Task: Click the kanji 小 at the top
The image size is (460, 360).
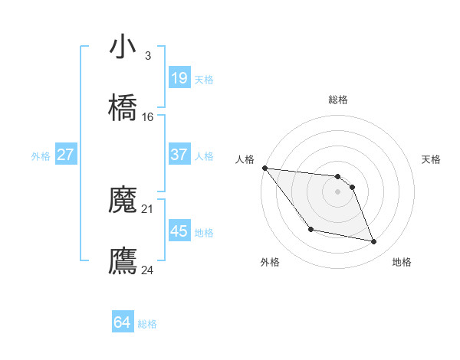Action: [x=123, y=47]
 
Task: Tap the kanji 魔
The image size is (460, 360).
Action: [x=123, y=201]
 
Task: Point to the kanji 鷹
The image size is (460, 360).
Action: [x=123, y=260]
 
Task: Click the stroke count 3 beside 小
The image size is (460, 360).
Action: [x=147, y=56]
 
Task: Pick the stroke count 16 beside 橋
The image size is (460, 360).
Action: [x=148, y=117]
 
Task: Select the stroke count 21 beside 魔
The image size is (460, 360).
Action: [x=148, y=208]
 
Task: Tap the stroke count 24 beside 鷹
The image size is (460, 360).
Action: [x=148, y=270]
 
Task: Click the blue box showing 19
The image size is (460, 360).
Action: [x=179, y=78]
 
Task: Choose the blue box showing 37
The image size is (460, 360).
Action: [x=179, y=155]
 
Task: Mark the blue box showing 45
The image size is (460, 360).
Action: [x=179, y=231]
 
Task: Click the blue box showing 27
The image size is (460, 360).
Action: [x=65, y=155]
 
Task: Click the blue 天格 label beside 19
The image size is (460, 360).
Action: [x=204, y=79]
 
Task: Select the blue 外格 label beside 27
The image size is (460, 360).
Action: [x=41, y=155]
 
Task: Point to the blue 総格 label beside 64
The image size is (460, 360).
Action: [x=147, y=324]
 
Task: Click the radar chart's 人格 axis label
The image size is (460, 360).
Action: [x=245, y=159]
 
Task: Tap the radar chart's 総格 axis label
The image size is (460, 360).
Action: [x=338, y=100]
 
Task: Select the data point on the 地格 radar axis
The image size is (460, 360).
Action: [x=374, y=242]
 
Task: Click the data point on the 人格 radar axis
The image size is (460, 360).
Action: [x=264, y=168]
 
